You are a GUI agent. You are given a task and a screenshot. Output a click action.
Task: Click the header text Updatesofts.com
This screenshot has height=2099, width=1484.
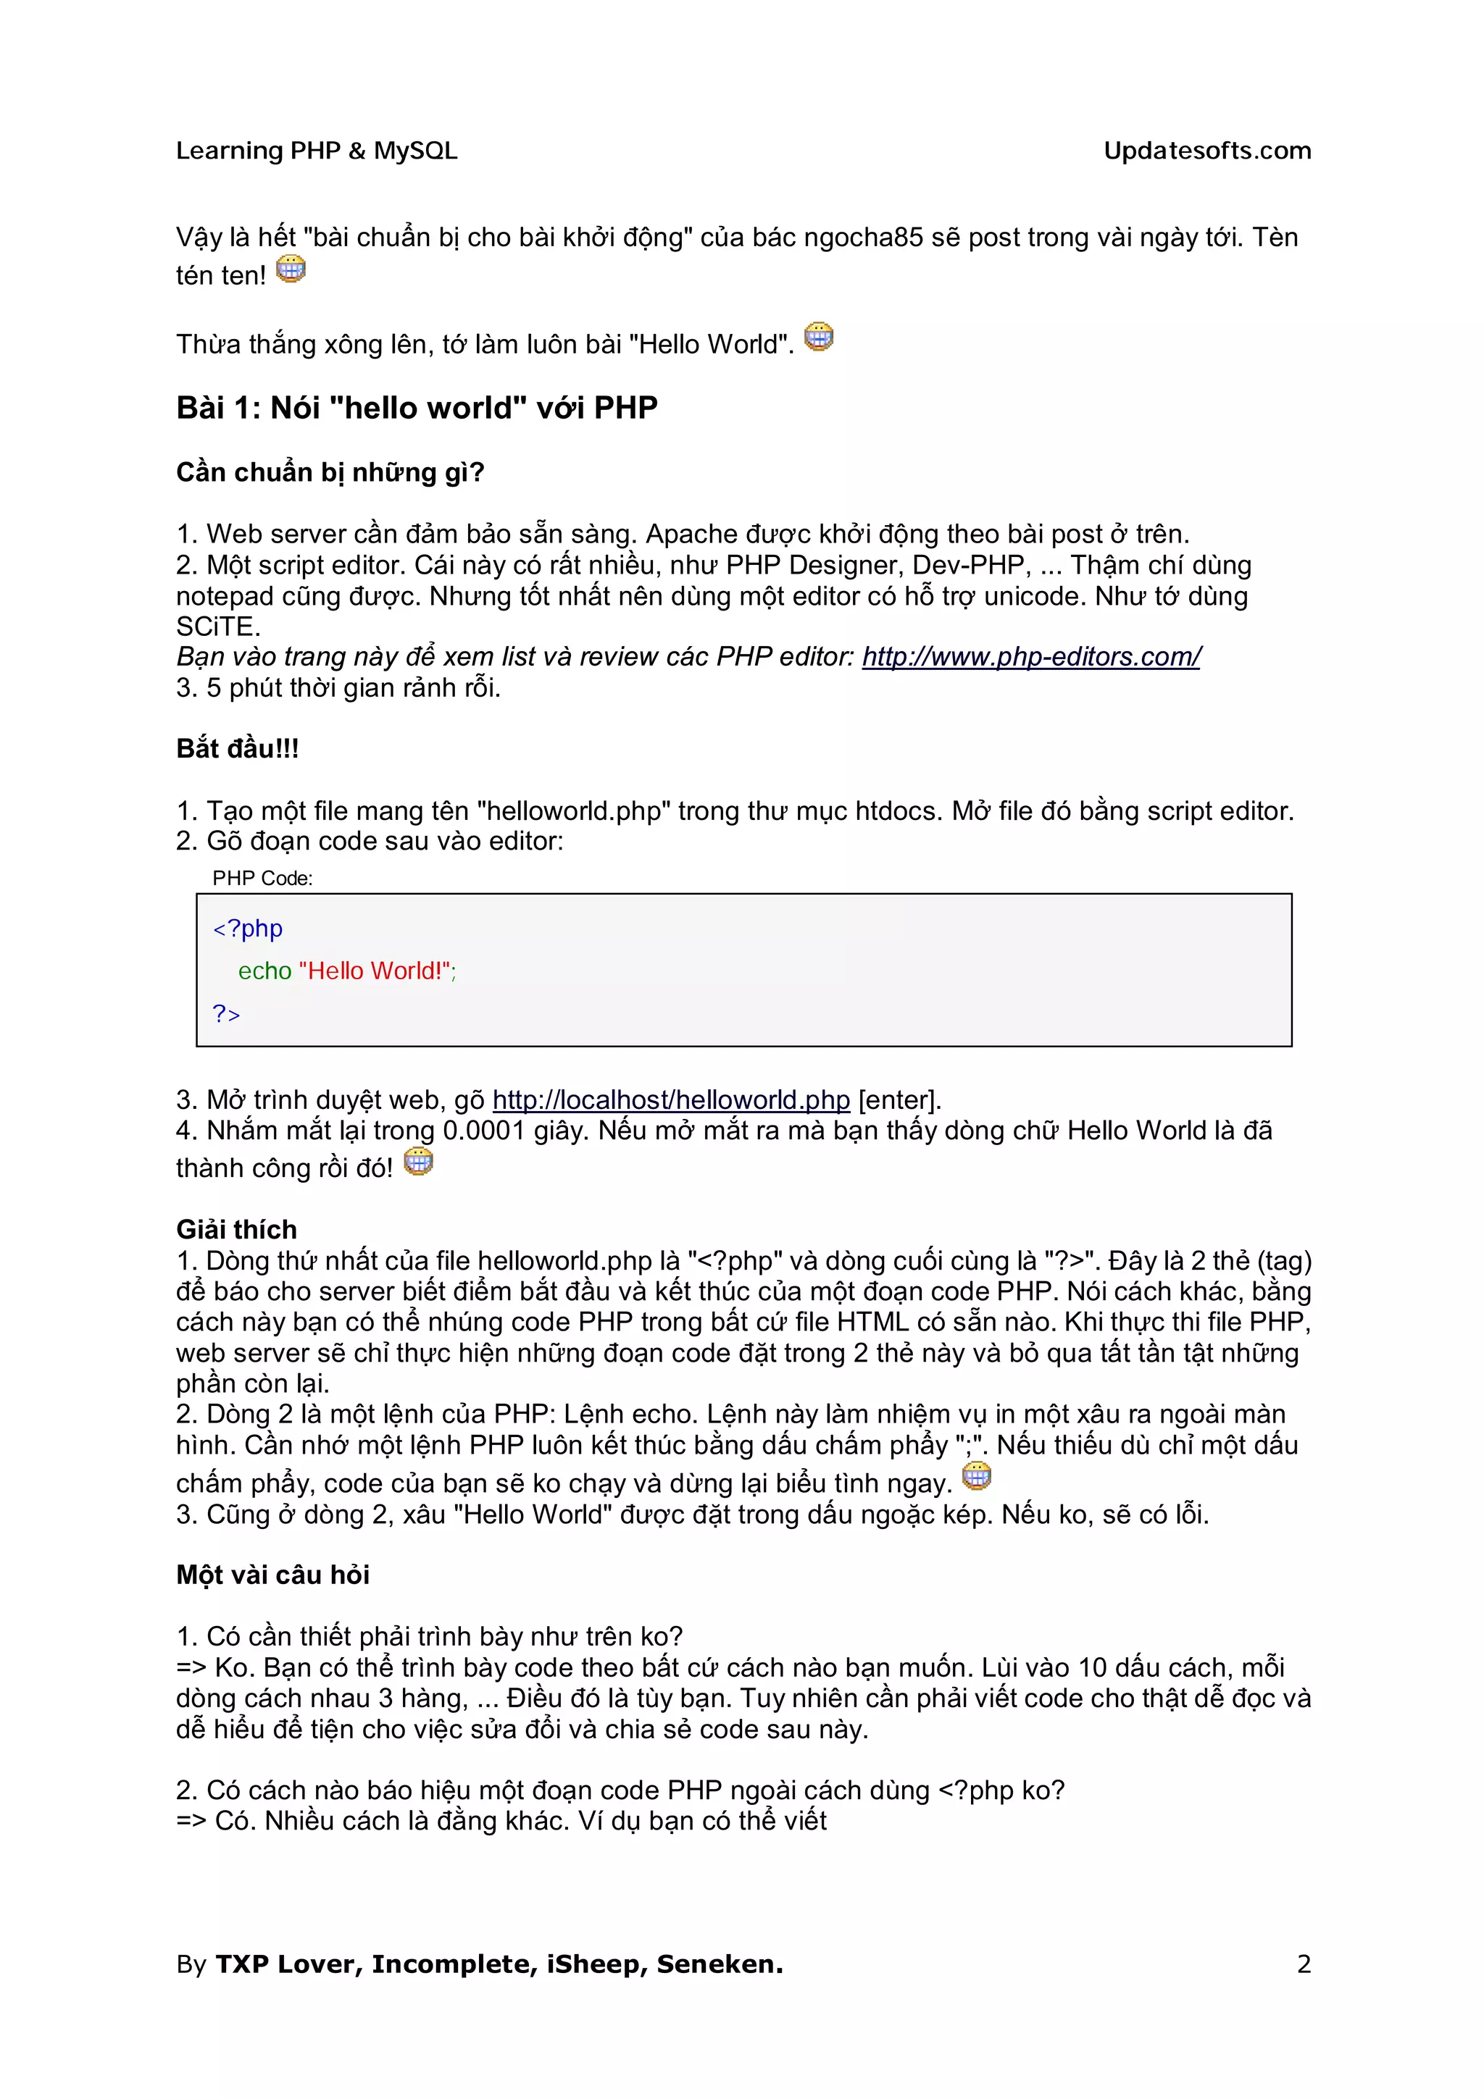pyautogui.click(x=1207, y=151)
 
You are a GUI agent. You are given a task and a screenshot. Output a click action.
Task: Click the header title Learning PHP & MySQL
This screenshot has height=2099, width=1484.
pyautogui.click(x=317, y=151)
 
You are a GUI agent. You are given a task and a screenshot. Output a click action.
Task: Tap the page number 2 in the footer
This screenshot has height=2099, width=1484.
pyautogui.click(x=1304, y=1964)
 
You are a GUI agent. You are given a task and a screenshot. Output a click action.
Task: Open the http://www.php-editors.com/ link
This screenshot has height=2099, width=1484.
pyautogui.click(x=1030, y=656)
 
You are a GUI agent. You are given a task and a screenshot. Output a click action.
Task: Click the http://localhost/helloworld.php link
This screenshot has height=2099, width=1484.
pyautogui.click(x=671, y=1099)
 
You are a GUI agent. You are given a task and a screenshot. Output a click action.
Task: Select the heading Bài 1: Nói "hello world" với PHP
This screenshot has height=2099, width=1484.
pyautogui.click(x=416, y=408)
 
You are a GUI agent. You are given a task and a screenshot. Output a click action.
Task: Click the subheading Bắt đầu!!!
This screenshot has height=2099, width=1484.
pyautogui.click(x=238, y=749)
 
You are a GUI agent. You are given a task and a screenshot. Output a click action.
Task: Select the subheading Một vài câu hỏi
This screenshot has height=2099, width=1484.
pyautogui.click(x=272, y=1575)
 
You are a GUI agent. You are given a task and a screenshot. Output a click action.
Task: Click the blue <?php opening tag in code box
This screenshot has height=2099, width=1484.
pyautogui.click(x=248, y=929)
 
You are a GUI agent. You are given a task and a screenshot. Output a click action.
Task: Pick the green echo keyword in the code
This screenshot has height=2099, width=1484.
pyautogui.click(x=264, y=971)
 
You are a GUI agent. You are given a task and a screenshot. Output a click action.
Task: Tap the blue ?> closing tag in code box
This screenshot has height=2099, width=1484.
pyautogui.click(x=226, y=1014)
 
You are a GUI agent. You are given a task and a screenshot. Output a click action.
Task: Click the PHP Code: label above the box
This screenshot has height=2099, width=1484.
pyautogui.click(x=262, y=879)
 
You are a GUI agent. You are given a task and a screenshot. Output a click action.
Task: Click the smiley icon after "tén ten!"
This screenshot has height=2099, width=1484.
pyautogui.click(x=291, y=269)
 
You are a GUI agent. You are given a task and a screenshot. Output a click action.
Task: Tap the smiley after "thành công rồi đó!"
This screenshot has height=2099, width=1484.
pyautogui.click(x=418, y=1162)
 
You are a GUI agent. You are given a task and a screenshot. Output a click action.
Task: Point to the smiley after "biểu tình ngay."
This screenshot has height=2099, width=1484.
pyautogui.click(x=977, y=1475)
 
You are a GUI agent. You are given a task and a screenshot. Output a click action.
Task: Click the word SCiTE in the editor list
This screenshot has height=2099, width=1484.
pyautogui.click(x=217, y=627)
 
